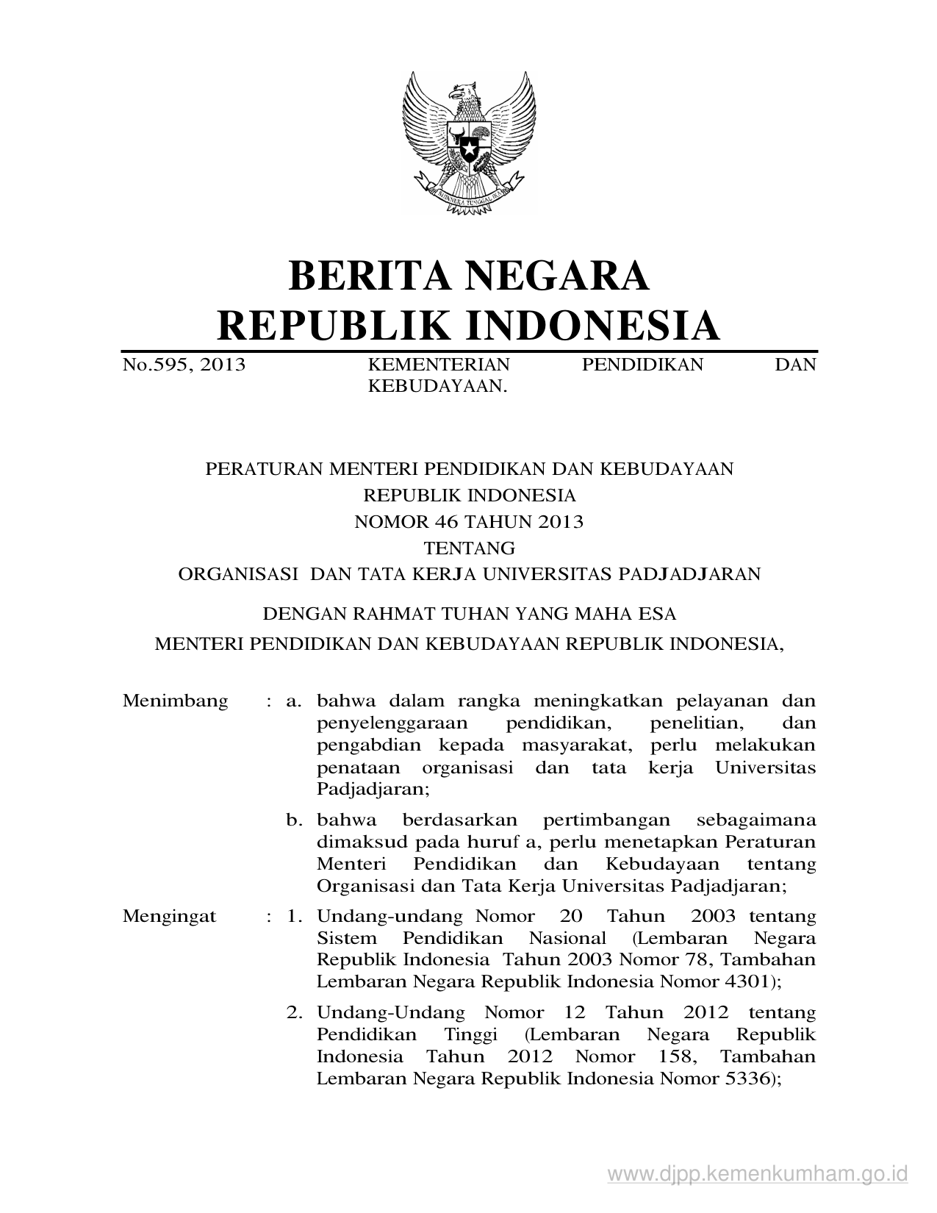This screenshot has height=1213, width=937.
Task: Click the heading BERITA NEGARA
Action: point(469,275)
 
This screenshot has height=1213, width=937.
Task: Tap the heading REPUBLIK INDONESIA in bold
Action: point(469,326)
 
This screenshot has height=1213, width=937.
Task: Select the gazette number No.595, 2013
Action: point(184,365)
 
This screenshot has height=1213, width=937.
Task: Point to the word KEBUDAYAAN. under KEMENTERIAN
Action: point(438,386)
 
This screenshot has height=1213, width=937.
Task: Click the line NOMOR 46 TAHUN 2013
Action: point(469,522)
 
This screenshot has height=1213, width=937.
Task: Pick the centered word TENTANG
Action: point(469,548)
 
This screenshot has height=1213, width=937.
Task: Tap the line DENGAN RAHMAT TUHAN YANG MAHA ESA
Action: point(469,613)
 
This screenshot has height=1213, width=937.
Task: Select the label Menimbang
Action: point(175,701)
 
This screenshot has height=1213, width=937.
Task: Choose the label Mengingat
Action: point(170,917)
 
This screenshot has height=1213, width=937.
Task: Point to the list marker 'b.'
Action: point(295,820)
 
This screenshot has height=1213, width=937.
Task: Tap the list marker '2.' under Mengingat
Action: point(295,1013)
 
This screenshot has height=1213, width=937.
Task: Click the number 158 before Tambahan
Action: point(672,1057)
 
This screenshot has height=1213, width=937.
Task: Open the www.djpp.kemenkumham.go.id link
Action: point(758,1173)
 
